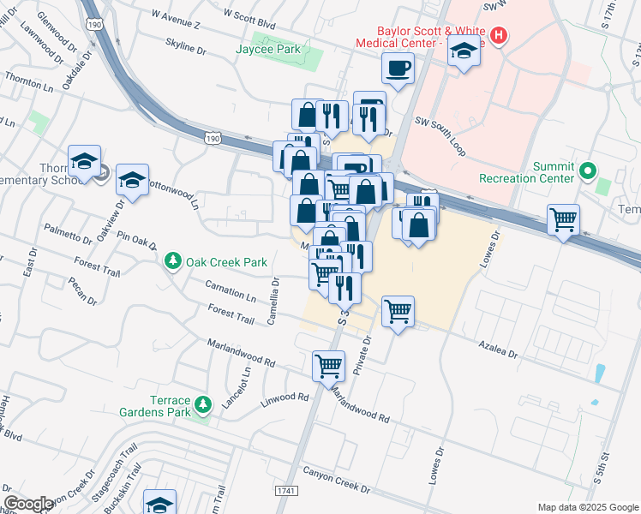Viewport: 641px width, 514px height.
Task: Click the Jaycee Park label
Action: [268, 50]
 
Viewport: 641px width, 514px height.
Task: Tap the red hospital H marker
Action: [497, 36]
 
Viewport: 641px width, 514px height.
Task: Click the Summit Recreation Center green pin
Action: [587, 170]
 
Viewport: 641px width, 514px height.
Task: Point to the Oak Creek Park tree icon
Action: [173, 261]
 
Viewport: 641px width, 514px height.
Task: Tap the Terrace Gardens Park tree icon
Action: [203, 403]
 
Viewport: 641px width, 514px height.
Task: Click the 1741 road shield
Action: [286, 491]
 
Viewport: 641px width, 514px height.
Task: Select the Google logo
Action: [28, 504]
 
